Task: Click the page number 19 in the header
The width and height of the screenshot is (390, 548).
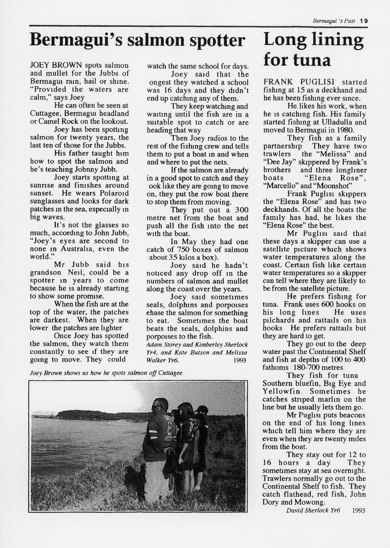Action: coord(364,21)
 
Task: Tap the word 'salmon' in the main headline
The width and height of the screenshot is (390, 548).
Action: coord(156,41)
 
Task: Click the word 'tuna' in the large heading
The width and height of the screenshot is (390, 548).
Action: coord(312,60)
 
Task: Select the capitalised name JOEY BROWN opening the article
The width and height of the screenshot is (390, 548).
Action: coord(56,65)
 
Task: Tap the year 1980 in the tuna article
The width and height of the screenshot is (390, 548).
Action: coord(346,130)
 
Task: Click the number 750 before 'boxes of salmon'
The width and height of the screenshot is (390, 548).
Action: coord(183,250)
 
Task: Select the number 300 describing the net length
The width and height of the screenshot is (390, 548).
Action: coord(242,210)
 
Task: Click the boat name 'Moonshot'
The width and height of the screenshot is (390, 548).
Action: coord(335,186)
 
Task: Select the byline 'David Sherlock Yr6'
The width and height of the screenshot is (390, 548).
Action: coord(313,510)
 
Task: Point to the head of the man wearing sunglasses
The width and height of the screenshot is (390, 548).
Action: coord(160,405)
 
